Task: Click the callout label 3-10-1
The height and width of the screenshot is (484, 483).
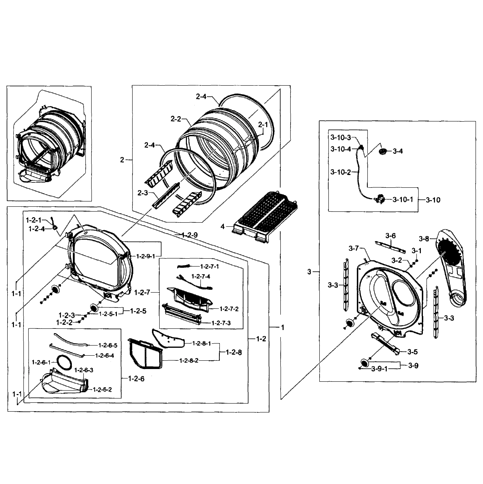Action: coord(403,199)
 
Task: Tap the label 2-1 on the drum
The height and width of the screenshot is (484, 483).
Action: coord(263,124)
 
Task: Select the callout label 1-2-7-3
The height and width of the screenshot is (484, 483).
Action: coord(221,323)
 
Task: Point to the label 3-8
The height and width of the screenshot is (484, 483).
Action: coord(424,239)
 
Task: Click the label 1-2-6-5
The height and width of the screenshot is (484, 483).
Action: coord(108,345)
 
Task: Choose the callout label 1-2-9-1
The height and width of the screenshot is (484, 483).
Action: coord(146,256)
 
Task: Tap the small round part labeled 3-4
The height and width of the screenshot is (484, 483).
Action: coord(383,151)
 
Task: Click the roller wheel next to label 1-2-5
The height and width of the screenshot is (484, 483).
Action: coord(94,307)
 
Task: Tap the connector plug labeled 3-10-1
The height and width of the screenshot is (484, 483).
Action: coord(380,200)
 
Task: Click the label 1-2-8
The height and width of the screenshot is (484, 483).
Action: coord(234,352)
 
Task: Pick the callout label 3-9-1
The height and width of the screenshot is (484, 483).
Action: coord(379,369)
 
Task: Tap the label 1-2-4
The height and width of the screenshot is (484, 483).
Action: coord(37,229)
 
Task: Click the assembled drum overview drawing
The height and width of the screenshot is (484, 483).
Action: coord(49,144)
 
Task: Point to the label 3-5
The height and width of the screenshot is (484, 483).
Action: coord(412,352)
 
